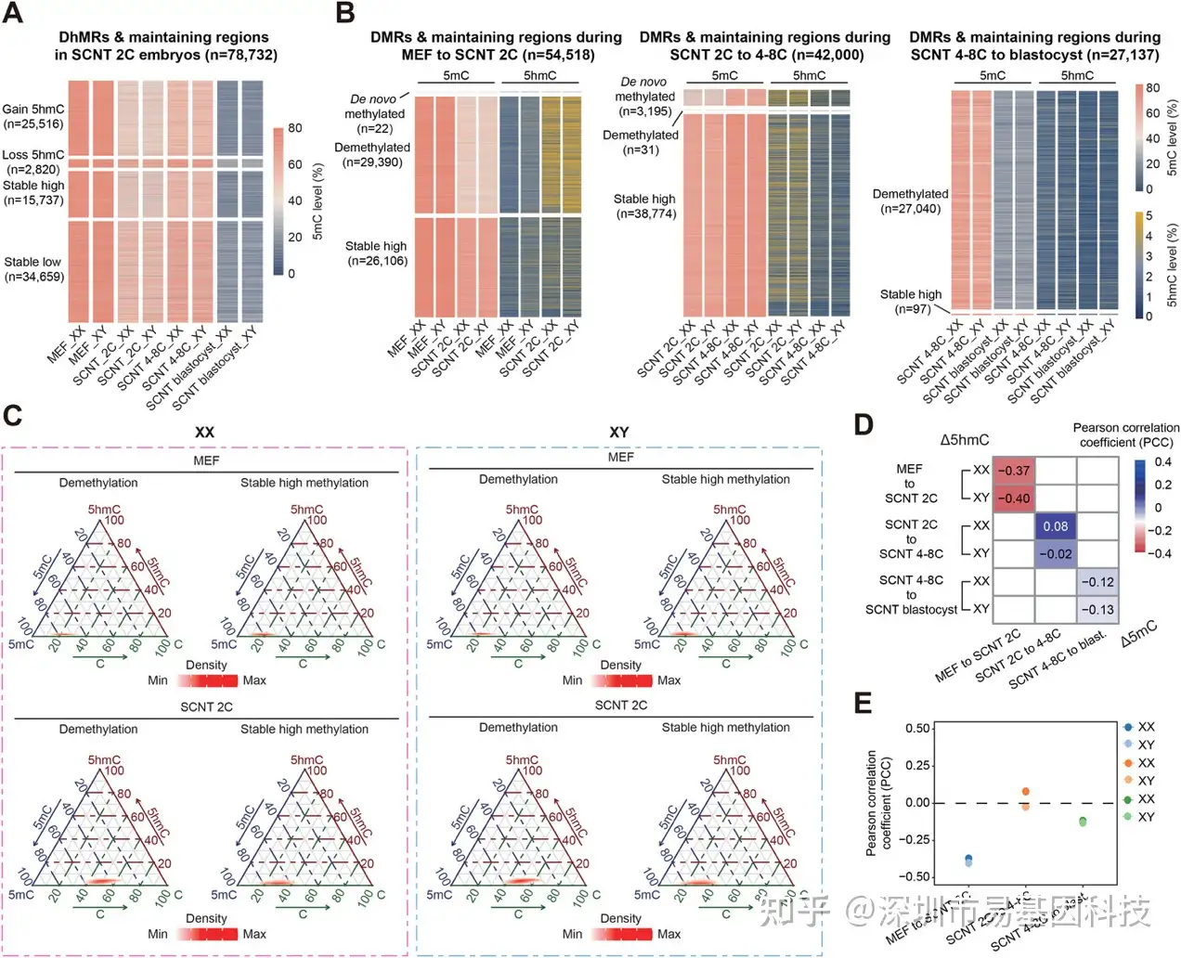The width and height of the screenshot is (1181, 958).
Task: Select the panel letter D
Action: tap(863, 424)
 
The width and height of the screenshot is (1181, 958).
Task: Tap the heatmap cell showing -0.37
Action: tap(1014, 471)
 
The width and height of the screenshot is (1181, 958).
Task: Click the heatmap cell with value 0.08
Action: tap(1056, 526)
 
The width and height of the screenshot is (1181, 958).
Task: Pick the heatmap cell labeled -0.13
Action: tap(1097, 609)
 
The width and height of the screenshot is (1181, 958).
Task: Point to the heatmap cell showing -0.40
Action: tap(1014, 498)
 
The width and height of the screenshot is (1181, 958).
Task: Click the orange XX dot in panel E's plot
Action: tap(1026, 792)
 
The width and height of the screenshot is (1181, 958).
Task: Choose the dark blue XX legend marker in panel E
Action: tap(1127, 727)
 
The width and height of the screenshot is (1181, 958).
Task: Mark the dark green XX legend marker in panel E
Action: tap(1127, 799)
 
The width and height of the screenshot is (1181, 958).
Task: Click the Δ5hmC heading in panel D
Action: tap(964, 440)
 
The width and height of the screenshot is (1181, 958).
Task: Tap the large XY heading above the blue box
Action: tap(619, 433)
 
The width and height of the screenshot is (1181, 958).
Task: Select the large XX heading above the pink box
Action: tap(204, 433)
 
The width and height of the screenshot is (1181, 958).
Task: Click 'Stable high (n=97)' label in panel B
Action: tap(910, 302)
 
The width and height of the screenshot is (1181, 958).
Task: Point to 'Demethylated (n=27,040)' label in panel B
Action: tap(910, 201)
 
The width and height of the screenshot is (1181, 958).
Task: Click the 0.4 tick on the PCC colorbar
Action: tap(1162, 462)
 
